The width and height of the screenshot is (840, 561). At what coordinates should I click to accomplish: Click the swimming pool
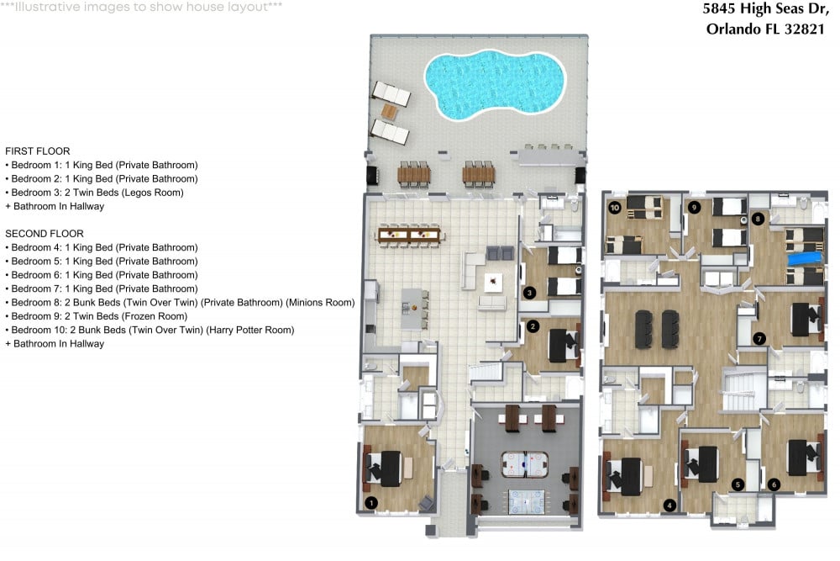(495, 83)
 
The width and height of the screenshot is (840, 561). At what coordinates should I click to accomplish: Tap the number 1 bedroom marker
(370, 502)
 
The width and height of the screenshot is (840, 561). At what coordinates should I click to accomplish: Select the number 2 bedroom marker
(533, 326)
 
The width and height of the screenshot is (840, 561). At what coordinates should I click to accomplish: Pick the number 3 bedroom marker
(529, 293)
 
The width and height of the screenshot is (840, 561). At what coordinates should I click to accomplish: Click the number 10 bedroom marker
(615, 208)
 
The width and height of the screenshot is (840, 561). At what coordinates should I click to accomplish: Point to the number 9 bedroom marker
(695, 208)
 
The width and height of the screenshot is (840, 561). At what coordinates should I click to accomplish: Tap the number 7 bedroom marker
(759, 338)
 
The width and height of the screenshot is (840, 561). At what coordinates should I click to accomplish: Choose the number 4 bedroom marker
(669, 505)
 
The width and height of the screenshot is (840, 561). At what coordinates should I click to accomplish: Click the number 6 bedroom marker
(774, 484)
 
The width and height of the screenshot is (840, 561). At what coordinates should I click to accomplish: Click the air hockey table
(524, 464)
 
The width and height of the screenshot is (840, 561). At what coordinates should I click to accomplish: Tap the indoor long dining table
(410, 235)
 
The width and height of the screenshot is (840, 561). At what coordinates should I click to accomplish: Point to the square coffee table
(493, 282)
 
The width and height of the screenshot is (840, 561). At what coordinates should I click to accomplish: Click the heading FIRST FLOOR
(38, 151)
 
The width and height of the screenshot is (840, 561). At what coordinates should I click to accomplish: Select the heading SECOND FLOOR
(45, 234)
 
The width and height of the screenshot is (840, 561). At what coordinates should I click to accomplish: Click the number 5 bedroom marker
(738, 484)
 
